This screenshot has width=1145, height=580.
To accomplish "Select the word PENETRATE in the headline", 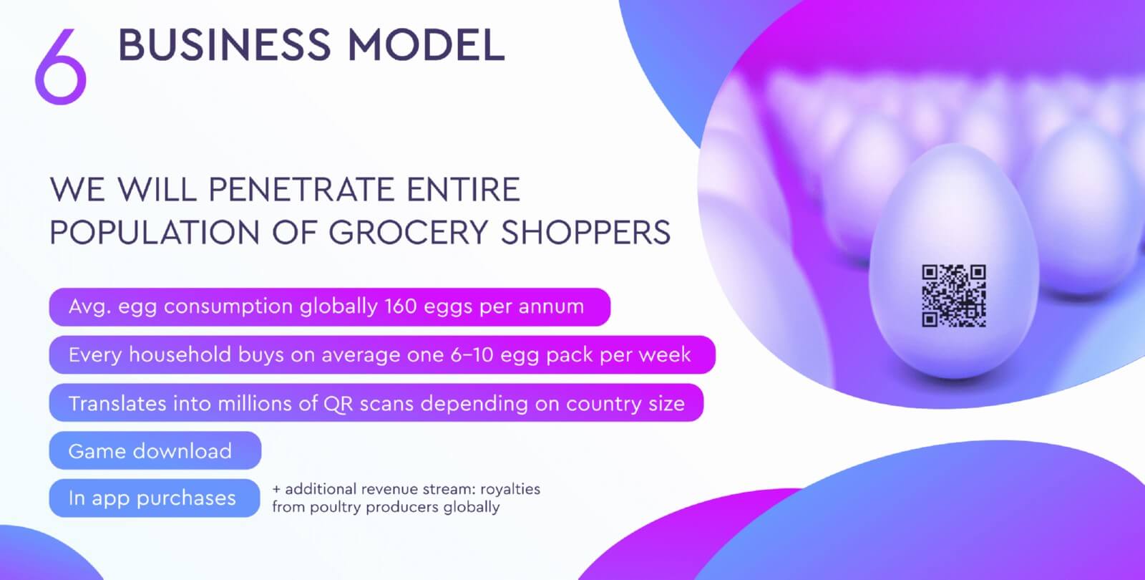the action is pos(301,189).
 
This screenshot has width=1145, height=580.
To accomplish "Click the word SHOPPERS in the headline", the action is pos(585,232).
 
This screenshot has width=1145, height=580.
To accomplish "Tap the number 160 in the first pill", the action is pos(400,306).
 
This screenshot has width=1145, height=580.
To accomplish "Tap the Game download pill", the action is pos(155,450).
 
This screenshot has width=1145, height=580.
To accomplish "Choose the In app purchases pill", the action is pos(155,498).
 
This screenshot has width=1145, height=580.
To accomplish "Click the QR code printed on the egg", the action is pos(954,296).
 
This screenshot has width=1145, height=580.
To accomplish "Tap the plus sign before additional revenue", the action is pos(276,489).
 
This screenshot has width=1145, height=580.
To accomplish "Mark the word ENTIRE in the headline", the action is pos(463,189).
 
